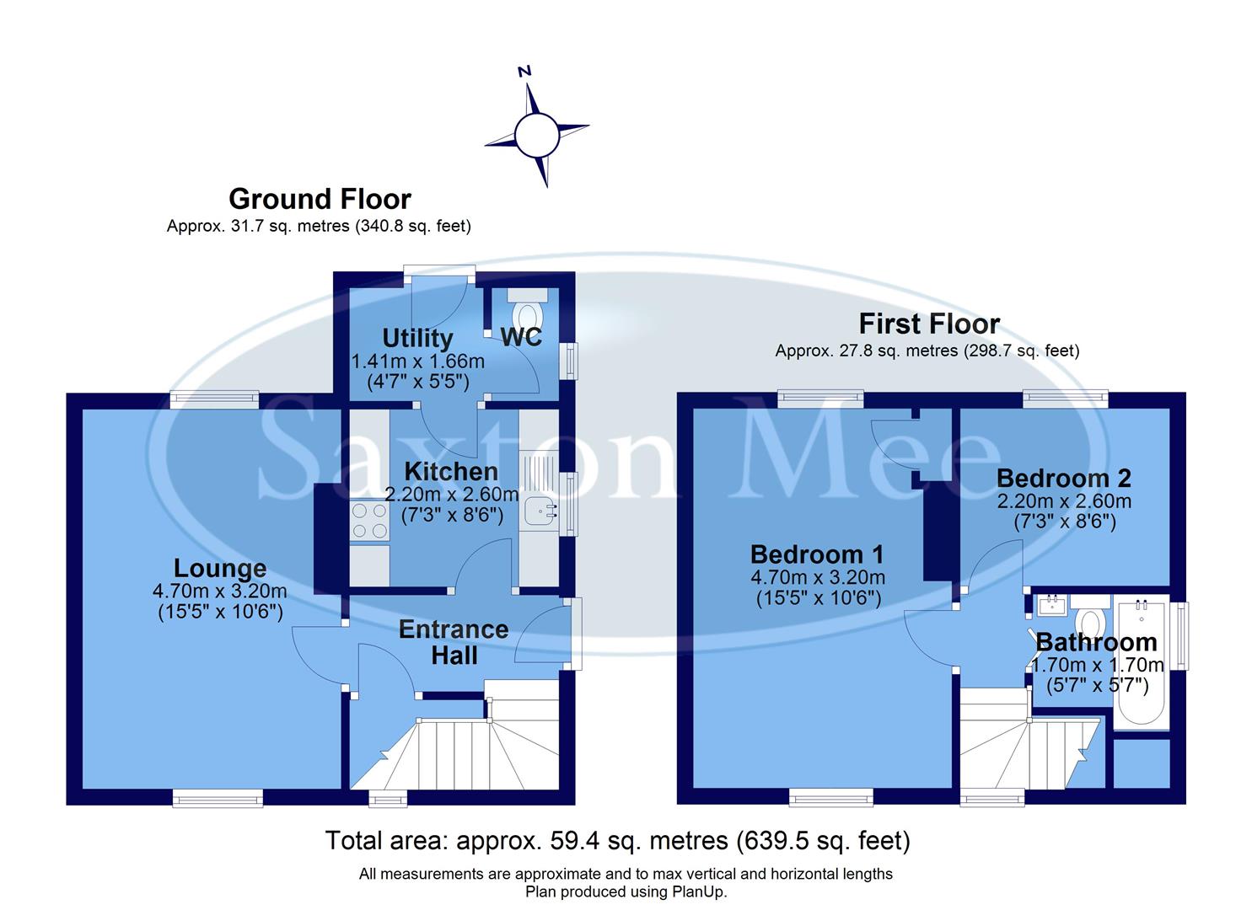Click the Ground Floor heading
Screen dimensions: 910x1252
[x=320, y=199]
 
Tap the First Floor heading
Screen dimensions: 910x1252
[x=929, y=324]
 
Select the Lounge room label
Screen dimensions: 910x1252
[x=220, y=568]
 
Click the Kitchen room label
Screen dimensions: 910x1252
[x=451, y=471]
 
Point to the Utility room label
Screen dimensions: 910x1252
[x=417, y=338]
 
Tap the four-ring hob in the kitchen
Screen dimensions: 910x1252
[x=369, y=521]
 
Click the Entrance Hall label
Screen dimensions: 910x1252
[x=454, y=642]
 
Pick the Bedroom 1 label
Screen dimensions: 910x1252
[x=817, y=554]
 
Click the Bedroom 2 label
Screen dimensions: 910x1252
[x=1063, y=478]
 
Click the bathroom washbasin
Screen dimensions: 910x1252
[x=1051, y=604]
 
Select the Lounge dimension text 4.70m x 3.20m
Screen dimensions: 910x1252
[x=220, y=591]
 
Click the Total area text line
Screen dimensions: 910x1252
[x=617, y=840]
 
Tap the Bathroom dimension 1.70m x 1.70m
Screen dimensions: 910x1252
[x=1098, y=665]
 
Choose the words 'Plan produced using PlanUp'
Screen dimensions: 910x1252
[x=626, y=891]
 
